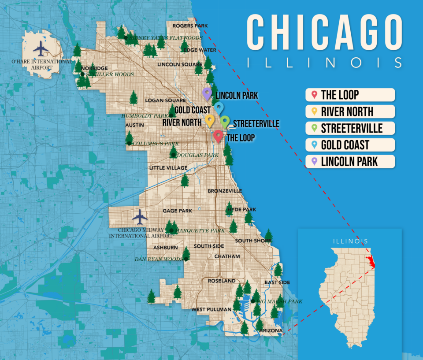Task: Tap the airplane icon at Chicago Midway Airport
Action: tap(140, 217)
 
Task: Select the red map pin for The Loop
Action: tap(218, 136)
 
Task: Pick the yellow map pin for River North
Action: tap(210, 120)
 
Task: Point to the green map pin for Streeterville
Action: tap(225, 121)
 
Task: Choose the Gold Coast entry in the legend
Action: tap(350, 145)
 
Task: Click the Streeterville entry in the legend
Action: tap(350, 128)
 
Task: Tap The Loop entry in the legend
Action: tap(350, 95)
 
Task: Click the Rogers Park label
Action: tap(190, 26)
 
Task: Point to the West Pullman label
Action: tap(211, 309)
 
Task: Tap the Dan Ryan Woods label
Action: tap(159, 259)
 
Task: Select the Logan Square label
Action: tap(159, 100)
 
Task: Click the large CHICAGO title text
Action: tap(324, 32)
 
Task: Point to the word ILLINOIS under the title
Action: tap(324, 63)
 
